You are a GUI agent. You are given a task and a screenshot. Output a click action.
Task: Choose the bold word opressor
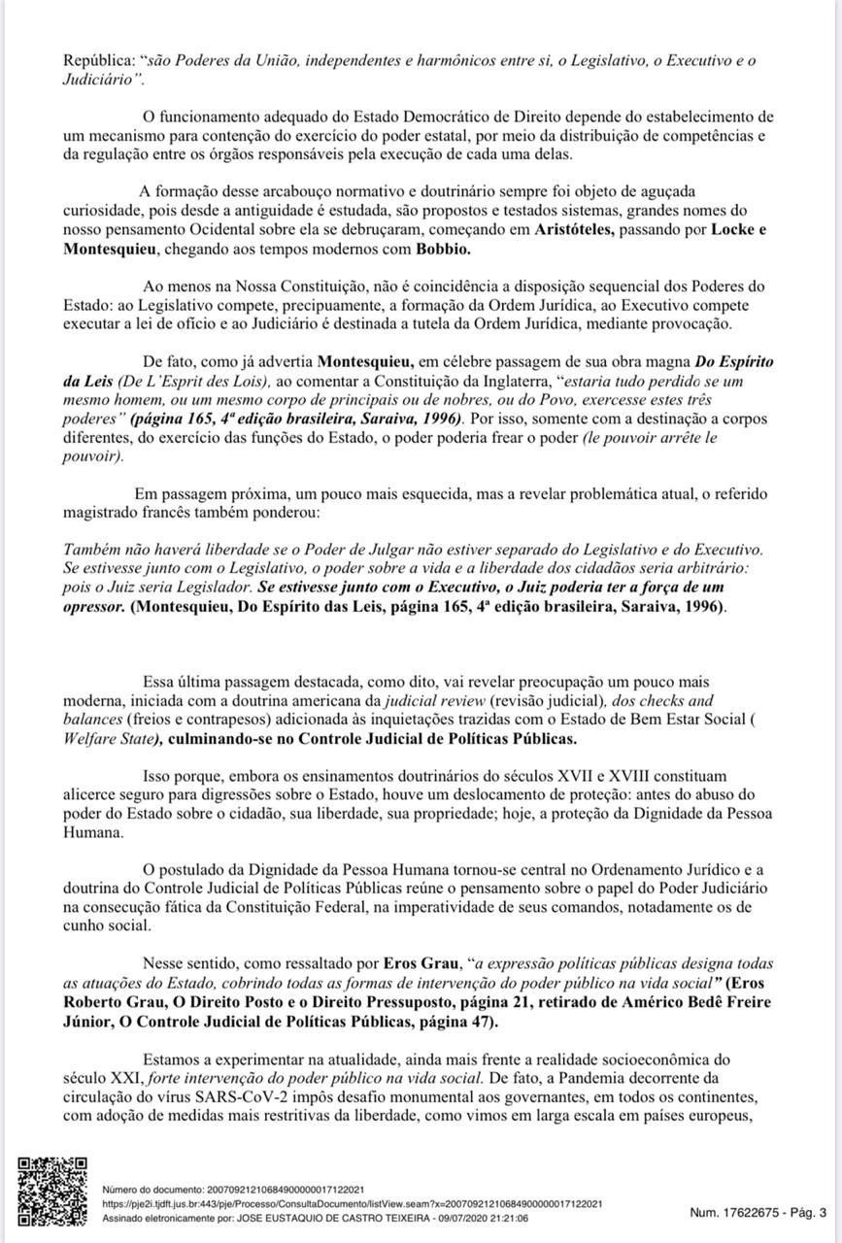click(94, 606)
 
